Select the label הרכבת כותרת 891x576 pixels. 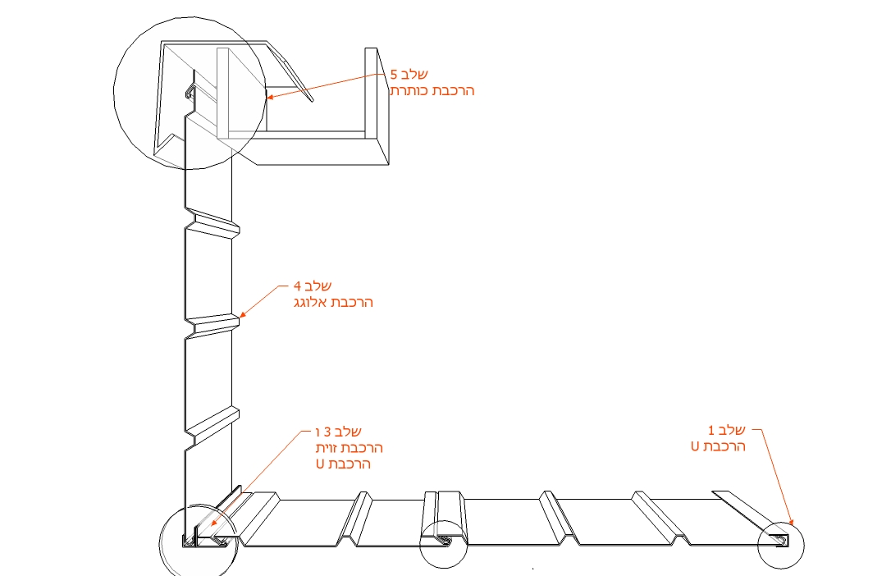click(x=432, y=90)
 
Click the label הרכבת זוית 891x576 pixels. click(x=350, y=448)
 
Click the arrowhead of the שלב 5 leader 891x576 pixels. click(x=269, y=98)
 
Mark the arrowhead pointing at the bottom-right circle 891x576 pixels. click(x=791, y=521)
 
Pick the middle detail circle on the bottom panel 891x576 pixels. click(x=443, y=542)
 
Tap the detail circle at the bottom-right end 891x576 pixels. click(x=781, y=544)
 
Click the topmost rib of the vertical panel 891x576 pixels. click(x=212, y=223)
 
